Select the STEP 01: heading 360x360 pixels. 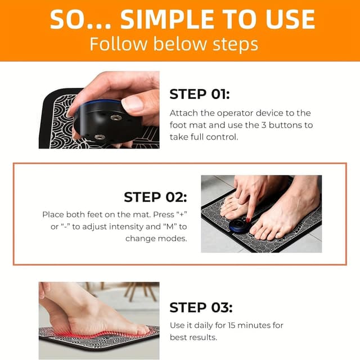pyautogui.click(x=199, y=94)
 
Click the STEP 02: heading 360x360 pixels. pyautogui.click(x=155, y=197)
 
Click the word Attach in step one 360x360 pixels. pyautogui.click(x=183, y=113)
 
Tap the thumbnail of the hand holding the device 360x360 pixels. pyautogui.click(x=98, y=116)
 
